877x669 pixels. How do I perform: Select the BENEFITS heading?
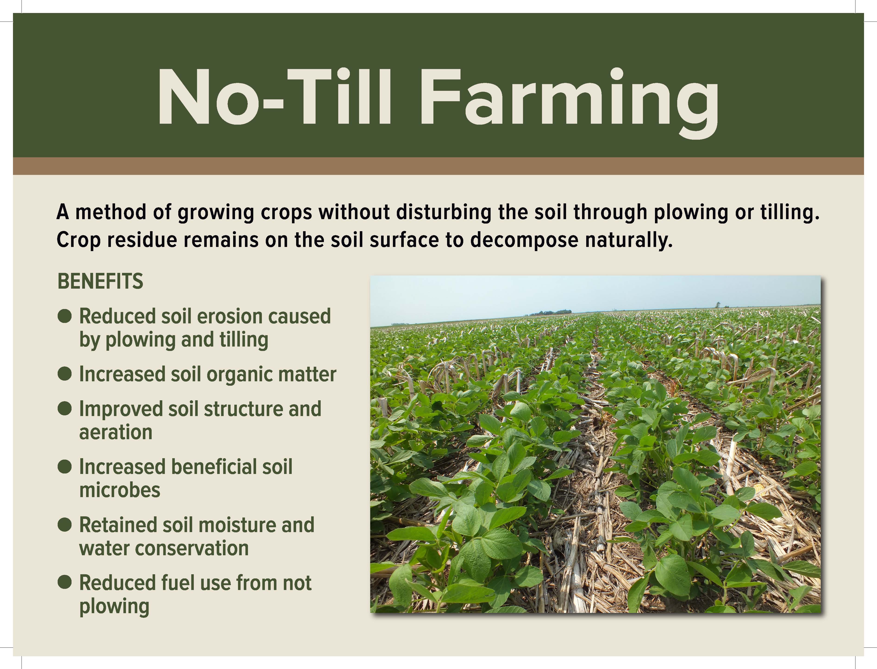point(100,281)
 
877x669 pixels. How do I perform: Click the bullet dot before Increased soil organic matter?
point(64,374)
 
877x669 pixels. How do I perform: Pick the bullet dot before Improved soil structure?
point(64,409)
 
